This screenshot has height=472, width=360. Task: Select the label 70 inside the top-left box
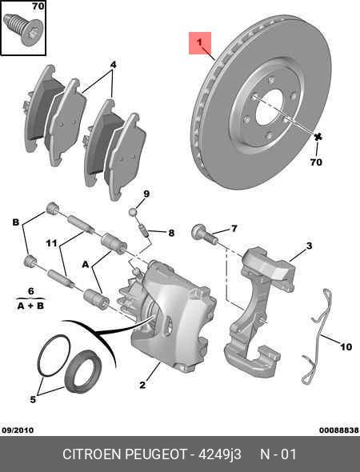(37, 7)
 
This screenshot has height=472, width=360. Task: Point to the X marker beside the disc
(318, 138)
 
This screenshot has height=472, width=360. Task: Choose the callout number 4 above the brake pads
(113, 64)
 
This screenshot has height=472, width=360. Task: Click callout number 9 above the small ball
(146, 194)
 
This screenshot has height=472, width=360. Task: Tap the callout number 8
(170, 233)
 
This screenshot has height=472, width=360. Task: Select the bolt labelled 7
(203, 234)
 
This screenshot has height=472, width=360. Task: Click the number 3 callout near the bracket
(309, 246)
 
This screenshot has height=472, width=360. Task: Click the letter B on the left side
(14, 222)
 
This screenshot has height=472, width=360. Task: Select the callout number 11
(50, 242)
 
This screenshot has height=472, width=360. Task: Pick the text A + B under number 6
(30, 306)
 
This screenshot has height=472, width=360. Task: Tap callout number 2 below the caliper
(142, 386)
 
